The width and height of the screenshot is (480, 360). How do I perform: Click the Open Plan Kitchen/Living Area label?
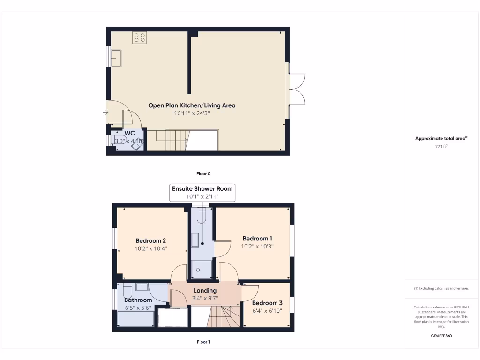[192, 105]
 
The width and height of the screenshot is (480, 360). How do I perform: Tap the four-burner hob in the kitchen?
[139, 37]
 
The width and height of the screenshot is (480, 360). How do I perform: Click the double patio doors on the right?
[296, 90]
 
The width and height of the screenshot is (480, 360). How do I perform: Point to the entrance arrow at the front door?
[105, 112]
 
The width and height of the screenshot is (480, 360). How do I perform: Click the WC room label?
[129, 133]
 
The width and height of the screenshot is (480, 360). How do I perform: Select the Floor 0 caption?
[203, 173]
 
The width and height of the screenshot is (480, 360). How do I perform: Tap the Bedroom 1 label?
[257, 239]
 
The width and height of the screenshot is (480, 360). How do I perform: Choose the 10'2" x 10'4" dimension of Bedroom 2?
[150, 248]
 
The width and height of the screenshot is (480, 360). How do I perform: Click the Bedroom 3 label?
[267, 303]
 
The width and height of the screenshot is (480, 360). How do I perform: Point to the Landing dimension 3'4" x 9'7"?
[205, 298]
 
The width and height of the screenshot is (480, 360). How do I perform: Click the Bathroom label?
[138, 300]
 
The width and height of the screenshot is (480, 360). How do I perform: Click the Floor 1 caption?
[203, 342]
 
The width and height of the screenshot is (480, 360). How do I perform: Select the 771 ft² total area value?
[441, 146]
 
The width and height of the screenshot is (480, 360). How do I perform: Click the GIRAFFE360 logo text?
[441, 336]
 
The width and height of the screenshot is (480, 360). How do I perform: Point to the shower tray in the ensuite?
[202, 270]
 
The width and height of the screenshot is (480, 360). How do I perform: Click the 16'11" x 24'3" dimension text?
[192, 113]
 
